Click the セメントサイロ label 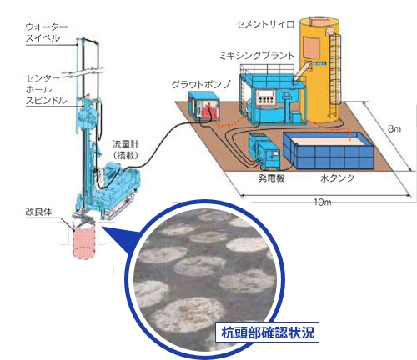point(265,24)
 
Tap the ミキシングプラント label point(257,56)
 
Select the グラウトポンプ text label point(201,84)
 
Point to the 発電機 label point(271,178)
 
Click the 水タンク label point(337,178)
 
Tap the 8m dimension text point(394,128)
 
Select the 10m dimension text point(323,202)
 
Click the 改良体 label point(38,212)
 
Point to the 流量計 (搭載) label point(125,149)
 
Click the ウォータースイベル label point(47,32)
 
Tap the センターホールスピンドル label point(46,89)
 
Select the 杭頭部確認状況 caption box point(267,332)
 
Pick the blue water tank point(329,151)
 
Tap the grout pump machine point(203,107)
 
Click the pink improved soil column point(84,242)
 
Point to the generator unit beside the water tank point(264,151)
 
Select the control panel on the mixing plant point(266,97)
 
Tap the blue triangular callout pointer point(120,237)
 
